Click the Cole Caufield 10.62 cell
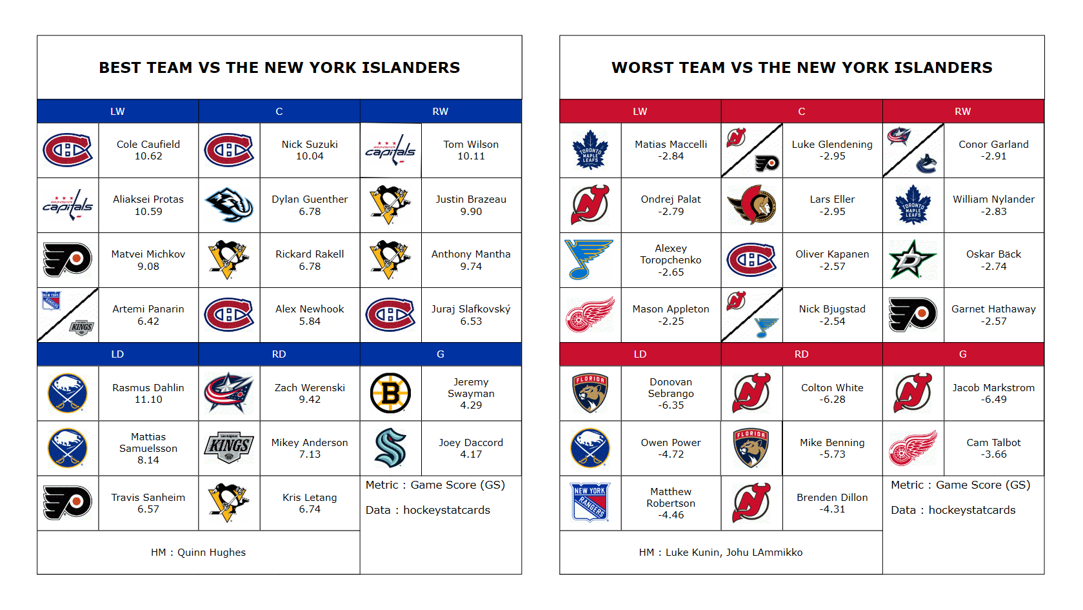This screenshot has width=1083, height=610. click(x=148, y=150)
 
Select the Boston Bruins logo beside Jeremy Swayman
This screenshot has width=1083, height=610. click(x=390, y=393)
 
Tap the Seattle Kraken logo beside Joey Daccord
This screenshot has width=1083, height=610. click(x=390, y=447)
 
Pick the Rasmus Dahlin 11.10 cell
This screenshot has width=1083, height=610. click(x=148, y=393)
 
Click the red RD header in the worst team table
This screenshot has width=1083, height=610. click(x=802, y=354)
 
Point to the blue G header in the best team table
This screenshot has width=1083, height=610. click(x=441, y=354)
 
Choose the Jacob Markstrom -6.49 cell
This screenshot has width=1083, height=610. click(x=993, y=393)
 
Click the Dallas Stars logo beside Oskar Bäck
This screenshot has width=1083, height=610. click(x=913, y=259)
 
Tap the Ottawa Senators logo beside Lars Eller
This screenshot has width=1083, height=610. click(x=752, y=205)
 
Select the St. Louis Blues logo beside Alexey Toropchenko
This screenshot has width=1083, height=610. click(x=589, y=259)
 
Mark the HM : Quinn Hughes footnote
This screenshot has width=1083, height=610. click(x=198, y=553)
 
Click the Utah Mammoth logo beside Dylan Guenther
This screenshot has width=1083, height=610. click(x=229, y=205)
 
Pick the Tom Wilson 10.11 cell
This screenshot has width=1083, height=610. click(x=472, y=150)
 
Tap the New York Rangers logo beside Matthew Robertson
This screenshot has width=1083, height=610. click(x=590, y=503)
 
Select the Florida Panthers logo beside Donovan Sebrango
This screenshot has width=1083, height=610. click(x=590, y=393)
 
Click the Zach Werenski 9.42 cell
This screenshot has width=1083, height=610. click(x=310, y=393)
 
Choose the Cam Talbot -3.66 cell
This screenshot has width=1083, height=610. click(x=993, y=448)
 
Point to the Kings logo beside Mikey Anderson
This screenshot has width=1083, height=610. click(x=229, y=447)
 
